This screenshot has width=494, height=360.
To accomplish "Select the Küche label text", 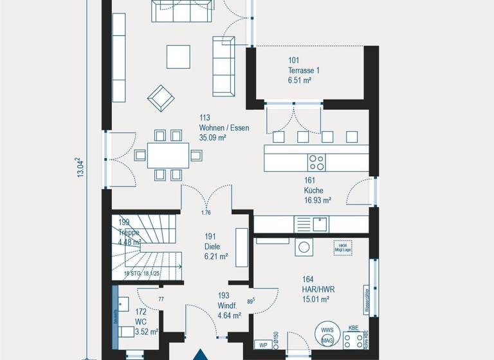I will [314, 190].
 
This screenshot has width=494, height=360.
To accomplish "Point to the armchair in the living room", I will [161, 98].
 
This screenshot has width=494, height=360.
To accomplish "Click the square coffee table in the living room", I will [178, 57].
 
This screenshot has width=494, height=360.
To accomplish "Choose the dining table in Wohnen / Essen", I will [168, 155].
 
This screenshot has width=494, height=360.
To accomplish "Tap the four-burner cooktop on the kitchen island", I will [316, 161].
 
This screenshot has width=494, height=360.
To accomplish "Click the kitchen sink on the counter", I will [320, 224].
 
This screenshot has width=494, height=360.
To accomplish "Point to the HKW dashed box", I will [342, 248].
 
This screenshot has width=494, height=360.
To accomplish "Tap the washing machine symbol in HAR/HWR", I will [304, 247].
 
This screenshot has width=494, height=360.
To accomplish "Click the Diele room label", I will [212, 246].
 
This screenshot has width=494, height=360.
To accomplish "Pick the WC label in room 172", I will [142, 322].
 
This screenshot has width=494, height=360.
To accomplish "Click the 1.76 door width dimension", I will [206, 213].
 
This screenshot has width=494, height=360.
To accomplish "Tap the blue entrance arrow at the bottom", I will [201, 353].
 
